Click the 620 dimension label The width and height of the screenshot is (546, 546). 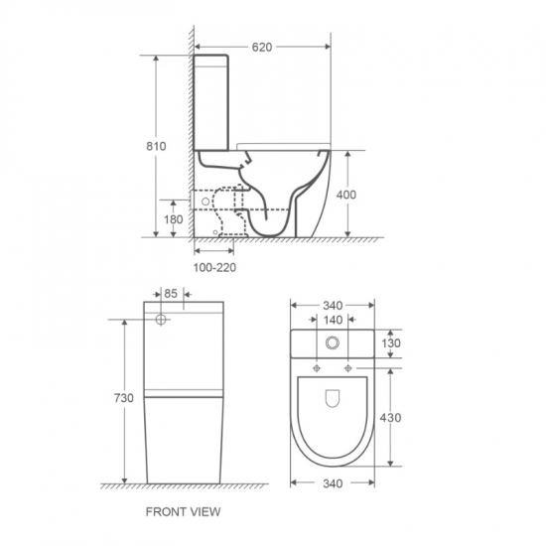[x=262, y=47]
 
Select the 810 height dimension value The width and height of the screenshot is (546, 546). [x=156, y=146]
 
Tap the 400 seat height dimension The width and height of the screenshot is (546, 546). [x=346, y=195]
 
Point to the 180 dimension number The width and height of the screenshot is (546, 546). [x=174, y=219]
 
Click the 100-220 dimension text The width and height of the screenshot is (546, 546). [x=214, y=267]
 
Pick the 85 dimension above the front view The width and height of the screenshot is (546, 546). [x=171, y=294]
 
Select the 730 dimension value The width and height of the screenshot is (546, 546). [x=124, y=398]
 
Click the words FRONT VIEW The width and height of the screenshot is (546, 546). [x=184, y=512]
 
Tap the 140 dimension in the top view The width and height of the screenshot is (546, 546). [x=334, y=320]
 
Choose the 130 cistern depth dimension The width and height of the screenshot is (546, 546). [x=391, y=343]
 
